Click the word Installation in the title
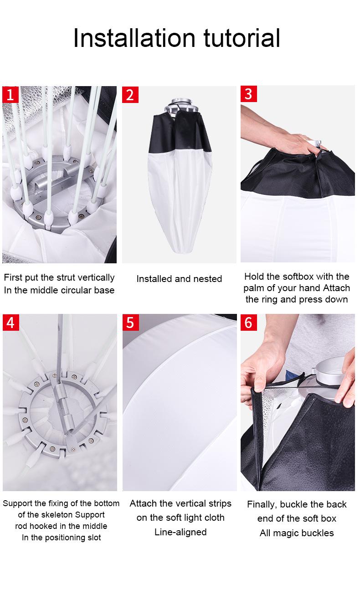[134, 38]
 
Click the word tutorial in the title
[242, 38]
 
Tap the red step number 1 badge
[10, 95]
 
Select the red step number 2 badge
[130, 95]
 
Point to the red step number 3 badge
[249, 94]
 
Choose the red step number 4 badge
[11, 322]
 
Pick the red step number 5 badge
[131, 322]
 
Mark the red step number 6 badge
[249, 322]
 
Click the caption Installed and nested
[179, 279]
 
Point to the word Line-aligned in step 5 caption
[180, 532]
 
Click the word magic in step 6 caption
[287, 533]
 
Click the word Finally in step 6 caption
[262, 504]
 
